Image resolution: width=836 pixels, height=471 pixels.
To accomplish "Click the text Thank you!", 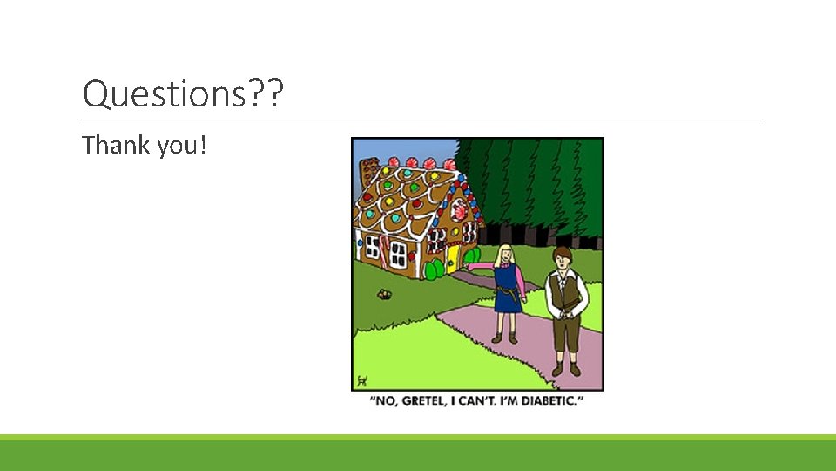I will [145, 145].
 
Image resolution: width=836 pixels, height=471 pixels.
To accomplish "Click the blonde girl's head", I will [505, 255].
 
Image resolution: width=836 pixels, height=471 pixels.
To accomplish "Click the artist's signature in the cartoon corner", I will [362, 380].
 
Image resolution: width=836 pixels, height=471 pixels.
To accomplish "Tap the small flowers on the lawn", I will [383, 294].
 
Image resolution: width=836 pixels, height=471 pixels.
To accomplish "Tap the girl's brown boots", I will [504, 338].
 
